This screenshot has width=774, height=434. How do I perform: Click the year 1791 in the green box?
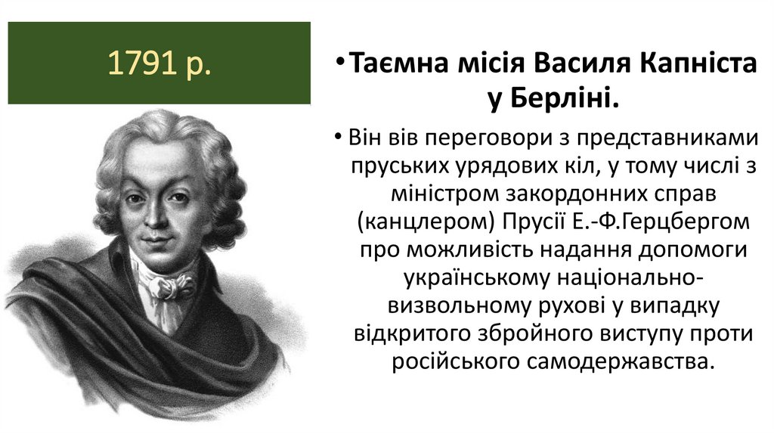[141, 64]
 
